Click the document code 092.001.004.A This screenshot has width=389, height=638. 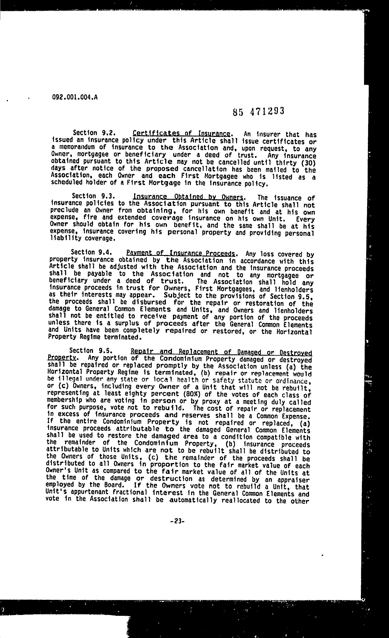[75, 97]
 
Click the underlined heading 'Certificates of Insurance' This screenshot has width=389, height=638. [181, 134]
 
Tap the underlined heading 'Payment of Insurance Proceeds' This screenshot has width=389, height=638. [180, 254]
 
